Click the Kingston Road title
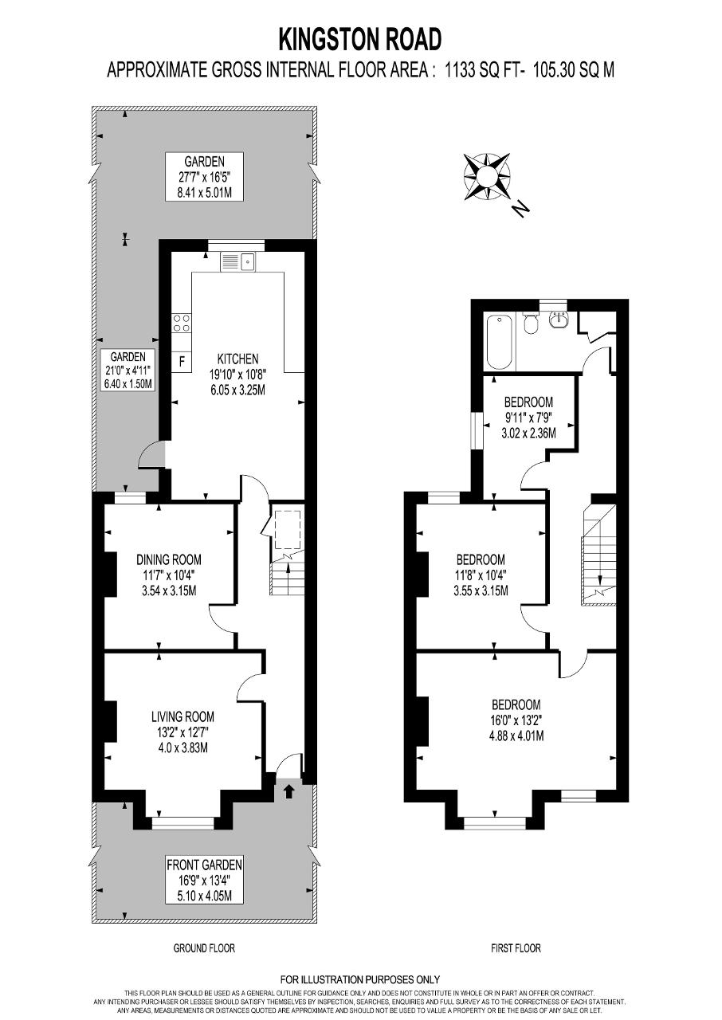click(x=360, y=39)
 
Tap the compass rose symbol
click(x=487, y=177)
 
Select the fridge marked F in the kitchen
click(x=182, y=362)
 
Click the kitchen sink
click(x=238, y=262)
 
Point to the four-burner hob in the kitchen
click(x=182, y=324)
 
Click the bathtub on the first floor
click(x=500, y=342)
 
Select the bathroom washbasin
click(x=558, y=320)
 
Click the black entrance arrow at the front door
click(x=288, y=792)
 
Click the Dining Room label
click(x=169, y=559)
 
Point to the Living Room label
click(x=182, y=716)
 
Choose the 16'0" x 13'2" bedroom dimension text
click(x=516, y=720)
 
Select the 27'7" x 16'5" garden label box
click(x=204, y=177)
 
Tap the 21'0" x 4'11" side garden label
click(x=128, y=371)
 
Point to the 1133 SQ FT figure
click(x=483, y=71)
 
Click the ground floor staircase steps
click(x=287, y=578)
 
